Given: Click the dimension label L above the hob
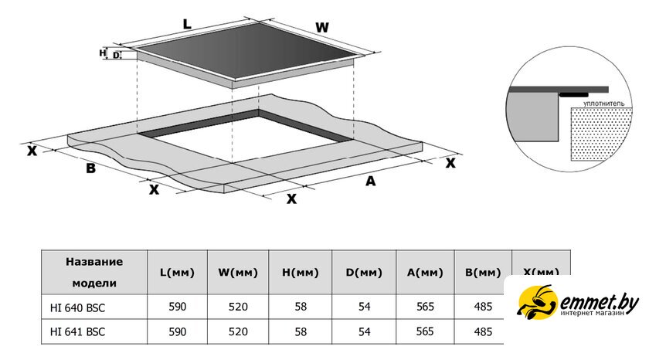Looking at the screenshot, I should [x=186, y=23].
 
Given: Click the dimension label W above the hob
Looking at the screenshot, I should [x=322, y=28].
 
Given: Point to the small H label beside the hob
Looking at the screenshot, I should [x=103, y=53].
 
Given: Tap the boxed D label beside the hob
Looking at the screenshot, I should [x=116, y=55].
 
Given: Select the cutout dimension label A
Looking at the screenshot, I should [x=370, y=181].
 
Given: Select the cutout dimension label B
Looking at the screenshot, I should [x=90, y=168].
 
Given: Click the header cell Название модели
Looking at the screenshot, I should [x=93, y=272].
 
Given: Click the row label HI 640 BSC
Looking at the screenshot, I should [x=78, y=307].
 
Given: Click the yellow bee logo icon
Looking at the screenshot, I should [x=535, y=301].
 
